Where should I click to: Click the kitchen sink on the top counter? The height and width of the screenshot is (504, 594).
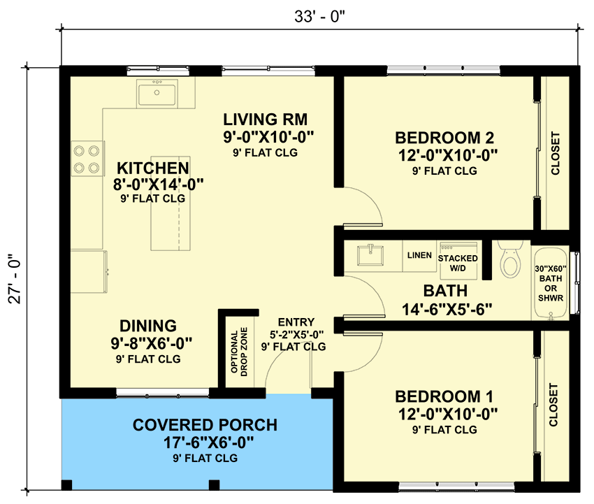tap(157, 92)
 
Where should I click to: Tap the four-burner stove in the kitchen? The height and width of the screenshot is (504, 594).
tap(87, 159)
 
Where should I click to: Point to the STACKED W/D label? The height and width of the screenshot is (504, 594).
tap(458, 263)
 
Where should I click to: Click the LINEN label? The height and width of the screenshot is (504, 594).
tap(419, 255)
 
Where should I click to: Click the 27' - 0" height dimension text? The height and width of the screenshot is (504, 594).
tap(16, 280)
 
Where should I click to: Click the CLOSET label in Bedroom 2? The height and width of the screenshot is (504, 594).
tap(556, 154)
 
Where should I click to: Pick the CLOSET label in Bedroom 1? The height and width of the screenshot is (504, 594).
tap(554, 405)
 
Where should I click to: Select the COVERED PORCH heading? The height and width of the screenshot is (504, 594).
tap(205, 425)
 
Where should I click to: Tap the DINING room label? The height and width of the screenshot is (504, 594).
tap(147, 326)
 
